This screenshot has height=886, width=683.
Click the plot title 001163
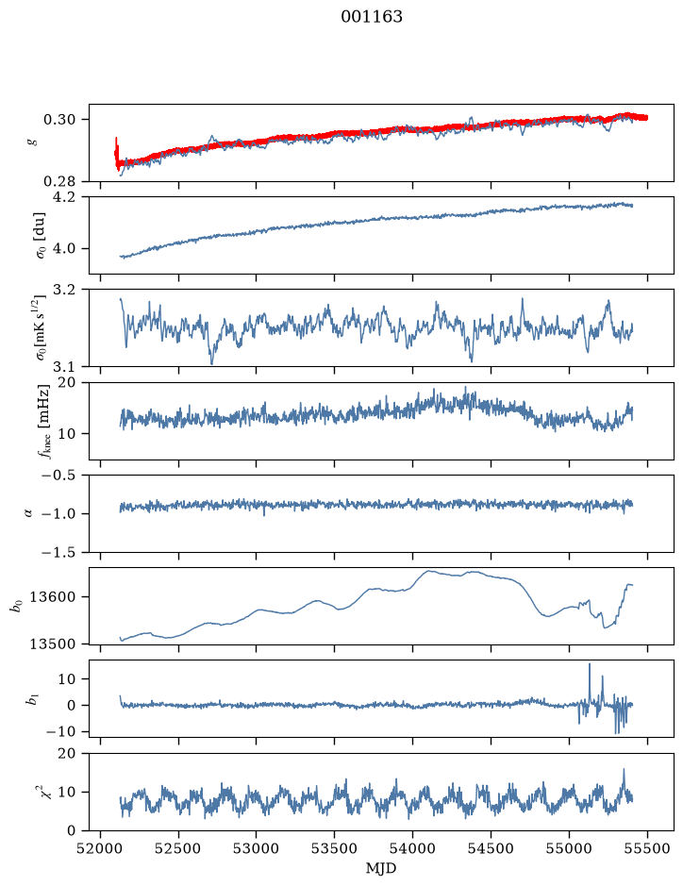pyautogui.click(x=371, y=17)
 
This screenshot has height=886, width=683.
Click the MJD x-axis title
pyautogui.click(x=381, y=868)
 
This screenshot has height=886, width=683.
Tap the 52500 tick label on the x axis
pyautogui.click(x=178, y=848)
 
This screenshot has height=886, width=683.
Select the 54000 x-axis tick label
pyautogui.click(x=412, y=848)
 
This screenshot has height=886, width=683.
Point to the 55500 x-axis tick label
pyautogui.click(x=647, y=848)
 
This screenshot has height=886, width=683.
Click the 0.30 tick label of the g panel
pyautogui.click(x=58, y=120)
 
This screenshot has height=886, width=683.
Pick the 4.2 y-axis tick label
pyautogui.click(x=63, y=196)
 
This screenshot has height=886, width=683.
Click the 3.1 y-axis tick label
pyautogui.click(x=63, y=367)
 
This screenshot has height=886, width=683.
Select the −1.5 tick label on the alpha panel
pyautogui.click(x=58, y=552)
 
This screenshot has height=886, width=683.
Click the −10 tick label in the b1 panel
pyautogui.click(x=58, y=732)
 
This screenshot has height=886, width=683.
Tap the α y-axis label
pyautogui.click(x=28, y=513)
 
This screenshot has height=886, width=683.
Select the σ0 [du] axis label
pyautogui.click(x=41, y=235)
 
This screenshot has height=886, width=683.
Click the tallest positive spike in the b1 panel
pyautogui.click(x=590, y=664)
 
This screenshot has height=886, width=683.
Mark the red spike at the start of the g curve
pyautogui.click(x=116, y=148)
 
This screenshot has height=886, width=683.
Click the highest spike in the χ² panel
pyautogui.click(x=624, y=770)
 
